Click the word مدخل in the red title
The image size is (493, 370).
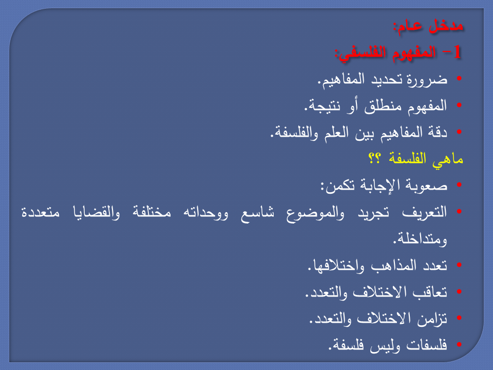pos(446,26)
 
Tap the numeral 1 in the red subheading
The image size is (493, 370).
pos(458,52)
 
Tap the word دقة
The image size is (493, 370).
pos(438,133)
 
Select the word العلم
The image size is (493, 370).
pos(330,133)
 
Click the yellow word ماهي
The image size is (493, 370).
pos(449,159)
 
